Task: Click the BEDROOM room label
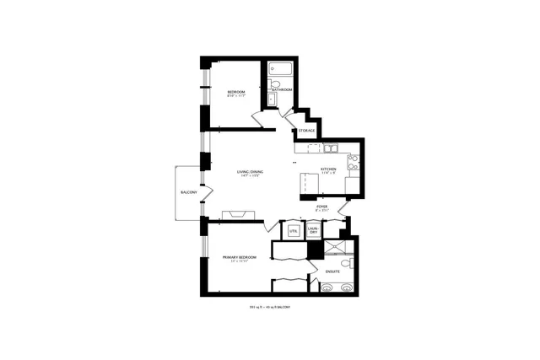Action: point(236,91)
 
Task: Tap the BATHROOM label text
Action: point(282,89)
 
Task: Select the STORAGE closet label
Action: point(306,131)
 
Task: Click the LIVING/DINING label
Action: point(251,172)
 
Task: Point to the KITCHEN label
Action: point(328,169)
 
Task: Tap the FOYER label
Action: point(321,206)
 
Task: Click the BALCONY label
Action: point(188,193)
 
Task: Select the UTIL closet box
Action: point(294,229)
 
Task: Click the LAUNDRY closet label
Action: point(313,229)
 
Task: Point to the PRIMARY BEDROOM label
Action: point(239,257)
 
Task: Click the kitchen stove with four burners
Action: point(353,162)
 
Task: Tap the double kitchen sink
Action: point(331,149)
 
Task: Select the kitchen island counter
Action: point(306,183)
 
